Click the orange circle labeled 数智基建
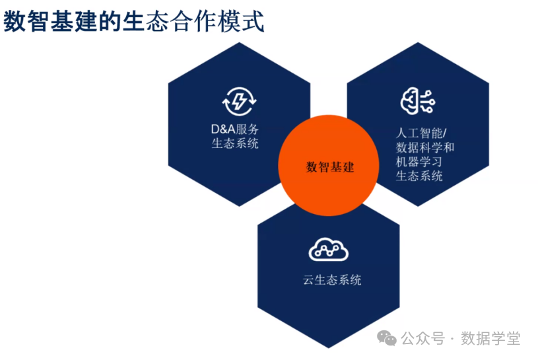pos(329,165)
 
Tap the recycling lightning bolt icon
pos(239,102)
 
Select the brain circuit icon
pos(418,100)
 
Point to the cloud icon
pos(328,250)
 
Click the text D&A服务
pos(235,129)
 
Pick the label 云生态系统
pos(332,279)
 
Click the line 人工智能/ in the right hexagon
pos(421,133)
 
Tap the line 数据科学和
pos(425,147)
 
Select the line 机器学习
pos(419,162)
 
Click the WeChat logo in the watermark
pos(387,338)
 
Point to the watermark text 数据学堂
pos(490,338)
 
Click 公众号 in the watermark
pos(423,338)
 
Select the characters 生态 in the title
pos(146,21)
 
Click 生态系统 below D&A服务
pos(235,143)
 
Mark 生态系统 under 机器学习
pos(419,176)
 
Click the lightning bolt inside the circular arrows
pos(239,102)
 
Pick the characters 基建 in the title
pos(73,21)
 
